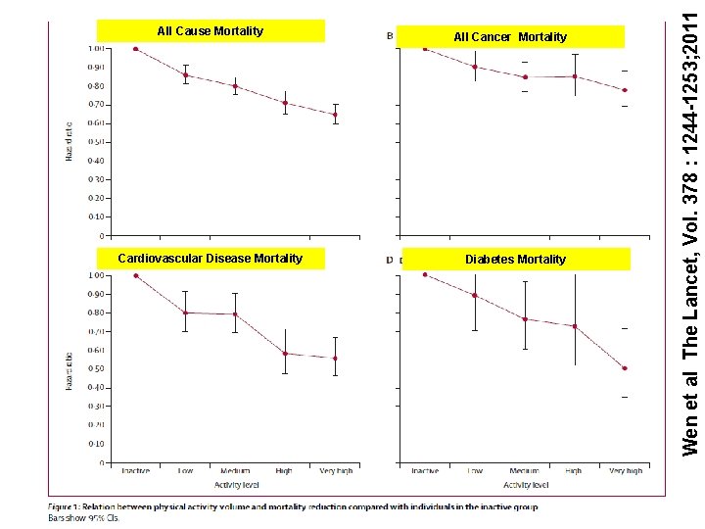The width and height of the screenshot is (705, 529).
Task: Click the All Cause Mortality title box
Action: pyautogui.click(x=211, y=31)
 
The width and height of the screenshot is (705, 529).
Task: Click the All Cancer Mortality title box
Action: pyautogui.click(x=510, y=37)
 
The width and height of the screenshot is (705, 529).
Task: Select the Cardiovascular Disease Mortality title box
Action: pyautogui.click(x=211, y=260)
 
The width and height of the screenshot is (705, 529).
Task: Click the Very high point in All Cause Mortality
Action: pyautogui.click(x=335, y=115)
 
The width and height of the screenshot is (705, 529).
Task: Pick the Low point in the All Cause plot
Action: pyautogui.click(x=186, y=74)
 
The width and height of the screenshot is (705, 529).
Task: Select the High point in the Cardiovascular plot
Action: pyautogui.click(x=284, y=354)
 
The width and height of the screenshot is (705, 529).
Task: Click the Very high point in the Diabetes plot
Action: pyautogui.click(x=624, y=368)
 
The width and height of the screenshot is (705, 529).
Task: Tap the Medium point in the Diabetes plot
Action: pyautogui.click(x=525, y=319)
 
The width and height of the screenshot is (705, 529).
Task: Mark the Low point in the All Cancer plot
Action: pyautogui.click(x=475, y=67)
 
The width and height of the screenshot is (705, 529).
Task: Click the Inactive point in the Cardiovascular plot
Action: pyautogui.click(x=136, y=275)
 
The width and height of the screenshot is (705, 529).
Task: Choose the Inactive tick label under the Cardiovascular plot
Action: pyautogui.click(x=136, y=471)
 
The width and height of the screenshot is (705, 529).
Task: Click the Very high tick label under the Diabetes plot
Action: pyautogui.click(x=624, y=471)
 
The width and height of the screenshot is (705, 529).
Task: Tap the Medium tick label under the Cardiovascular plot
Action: pyautogui.click(x=235, y=471)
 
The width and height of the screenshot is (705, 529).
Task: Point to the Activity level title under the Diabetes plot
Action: pyautogui.click(x=524, y=485)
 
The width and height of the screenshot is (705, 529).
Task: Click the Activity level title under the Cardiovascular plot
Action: pyautogui.click(x=235, y=485)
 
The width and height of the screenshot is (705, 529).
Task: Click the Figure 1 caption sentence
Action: pyautogui.click(x=294, y=506)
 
